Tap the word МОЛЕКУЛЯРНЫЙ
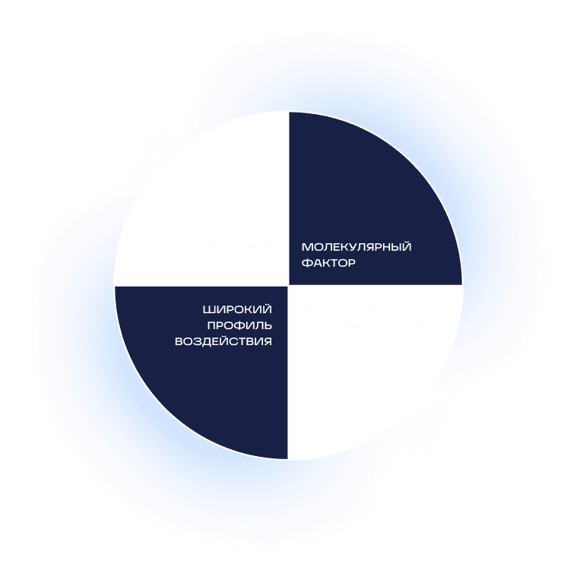point(357,247)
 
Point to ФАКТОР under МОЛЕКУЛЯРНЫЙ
point(328,263)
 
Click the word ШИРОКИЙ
point(237,309)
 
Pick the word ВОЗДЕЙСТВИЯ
point(224,341)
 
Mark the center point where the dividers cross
point(289,286)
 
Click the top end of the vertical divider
point(289,112)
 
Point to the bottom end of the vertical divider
point(289,460)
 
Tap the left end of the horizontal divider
point(115,286)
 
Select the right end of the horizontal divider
point(463,286)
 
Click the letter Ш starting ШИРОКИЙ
point(208,309)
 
